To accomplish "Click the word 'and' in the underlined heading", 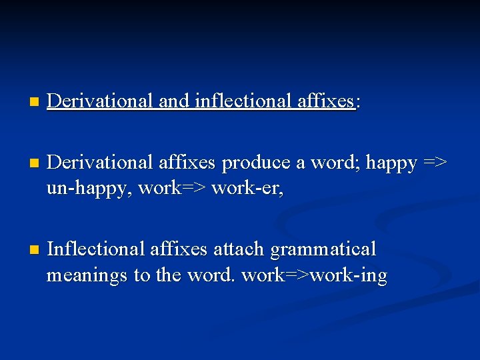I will pos(174,101).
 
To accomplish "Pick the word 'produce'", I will pos(255,163).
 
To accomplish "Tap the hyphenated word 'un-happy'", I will pos(89,189).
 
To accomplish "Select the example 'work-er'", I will pos(247,189).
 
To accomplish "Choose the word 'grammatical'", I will pos(323,250).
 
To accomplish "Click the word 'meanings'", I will pos(87,276).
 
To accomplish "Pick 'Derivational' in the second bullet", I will pos(101,163).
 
